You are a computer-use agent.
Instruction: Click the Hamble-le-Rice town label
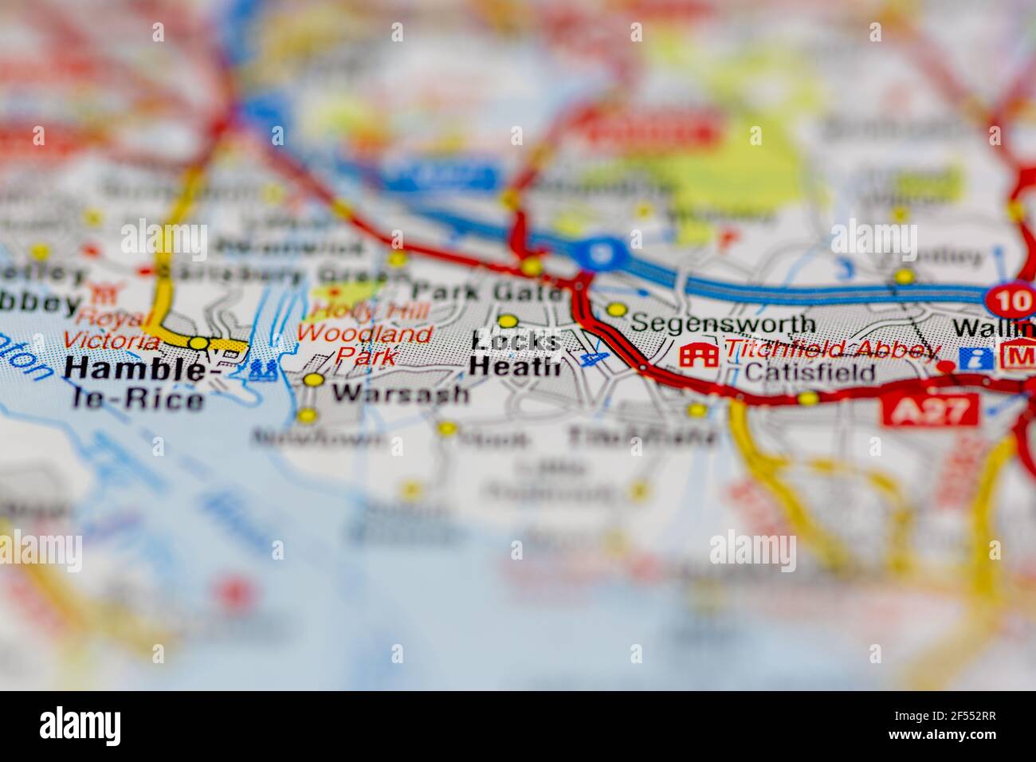[x=133, y=383]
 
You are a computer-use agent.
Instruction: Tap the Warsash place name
[x=400, y=393]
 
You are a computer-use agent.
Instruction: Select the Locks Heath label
[x=516, y=353]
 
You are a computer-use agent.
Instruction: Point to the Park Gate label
[x=487, y=292]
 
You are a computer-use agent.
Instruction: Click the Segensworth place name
[x=723, y=324]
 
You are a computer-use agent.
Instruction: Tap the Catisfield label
[x=810, y=372]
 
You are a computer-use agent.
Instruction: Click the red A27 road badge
[x=929, y=410]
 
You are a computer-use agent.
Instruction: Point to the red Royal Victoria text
[x=111, y=330]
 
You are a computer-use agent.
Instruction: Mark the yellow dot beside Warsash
[x=314, y=380]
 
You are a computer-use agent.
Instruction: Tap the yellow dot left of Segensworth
[x=615, y=309]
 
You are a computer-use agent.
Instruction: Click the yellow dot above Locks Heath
[x=508, y=321]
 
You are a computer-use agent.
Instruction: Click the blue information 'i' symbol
[x=970, y=358]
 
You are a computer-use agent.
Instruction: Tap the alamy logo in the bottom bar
[x=81, y=725]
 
